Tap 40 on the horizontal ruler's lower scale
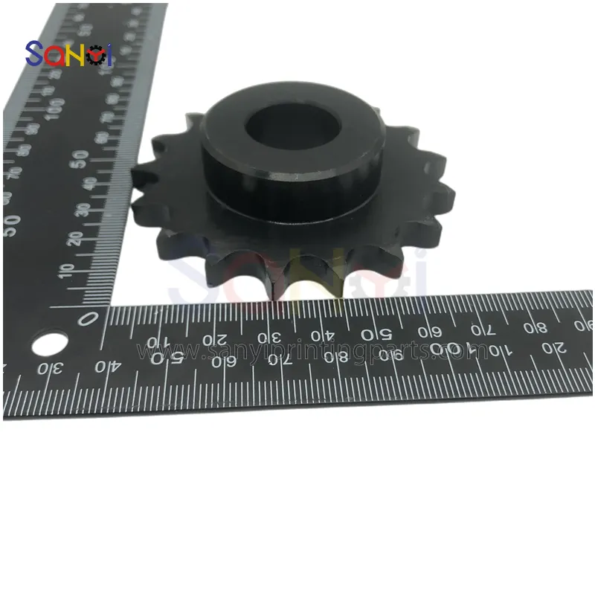111,366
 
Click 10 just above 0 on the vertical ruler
73,269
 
